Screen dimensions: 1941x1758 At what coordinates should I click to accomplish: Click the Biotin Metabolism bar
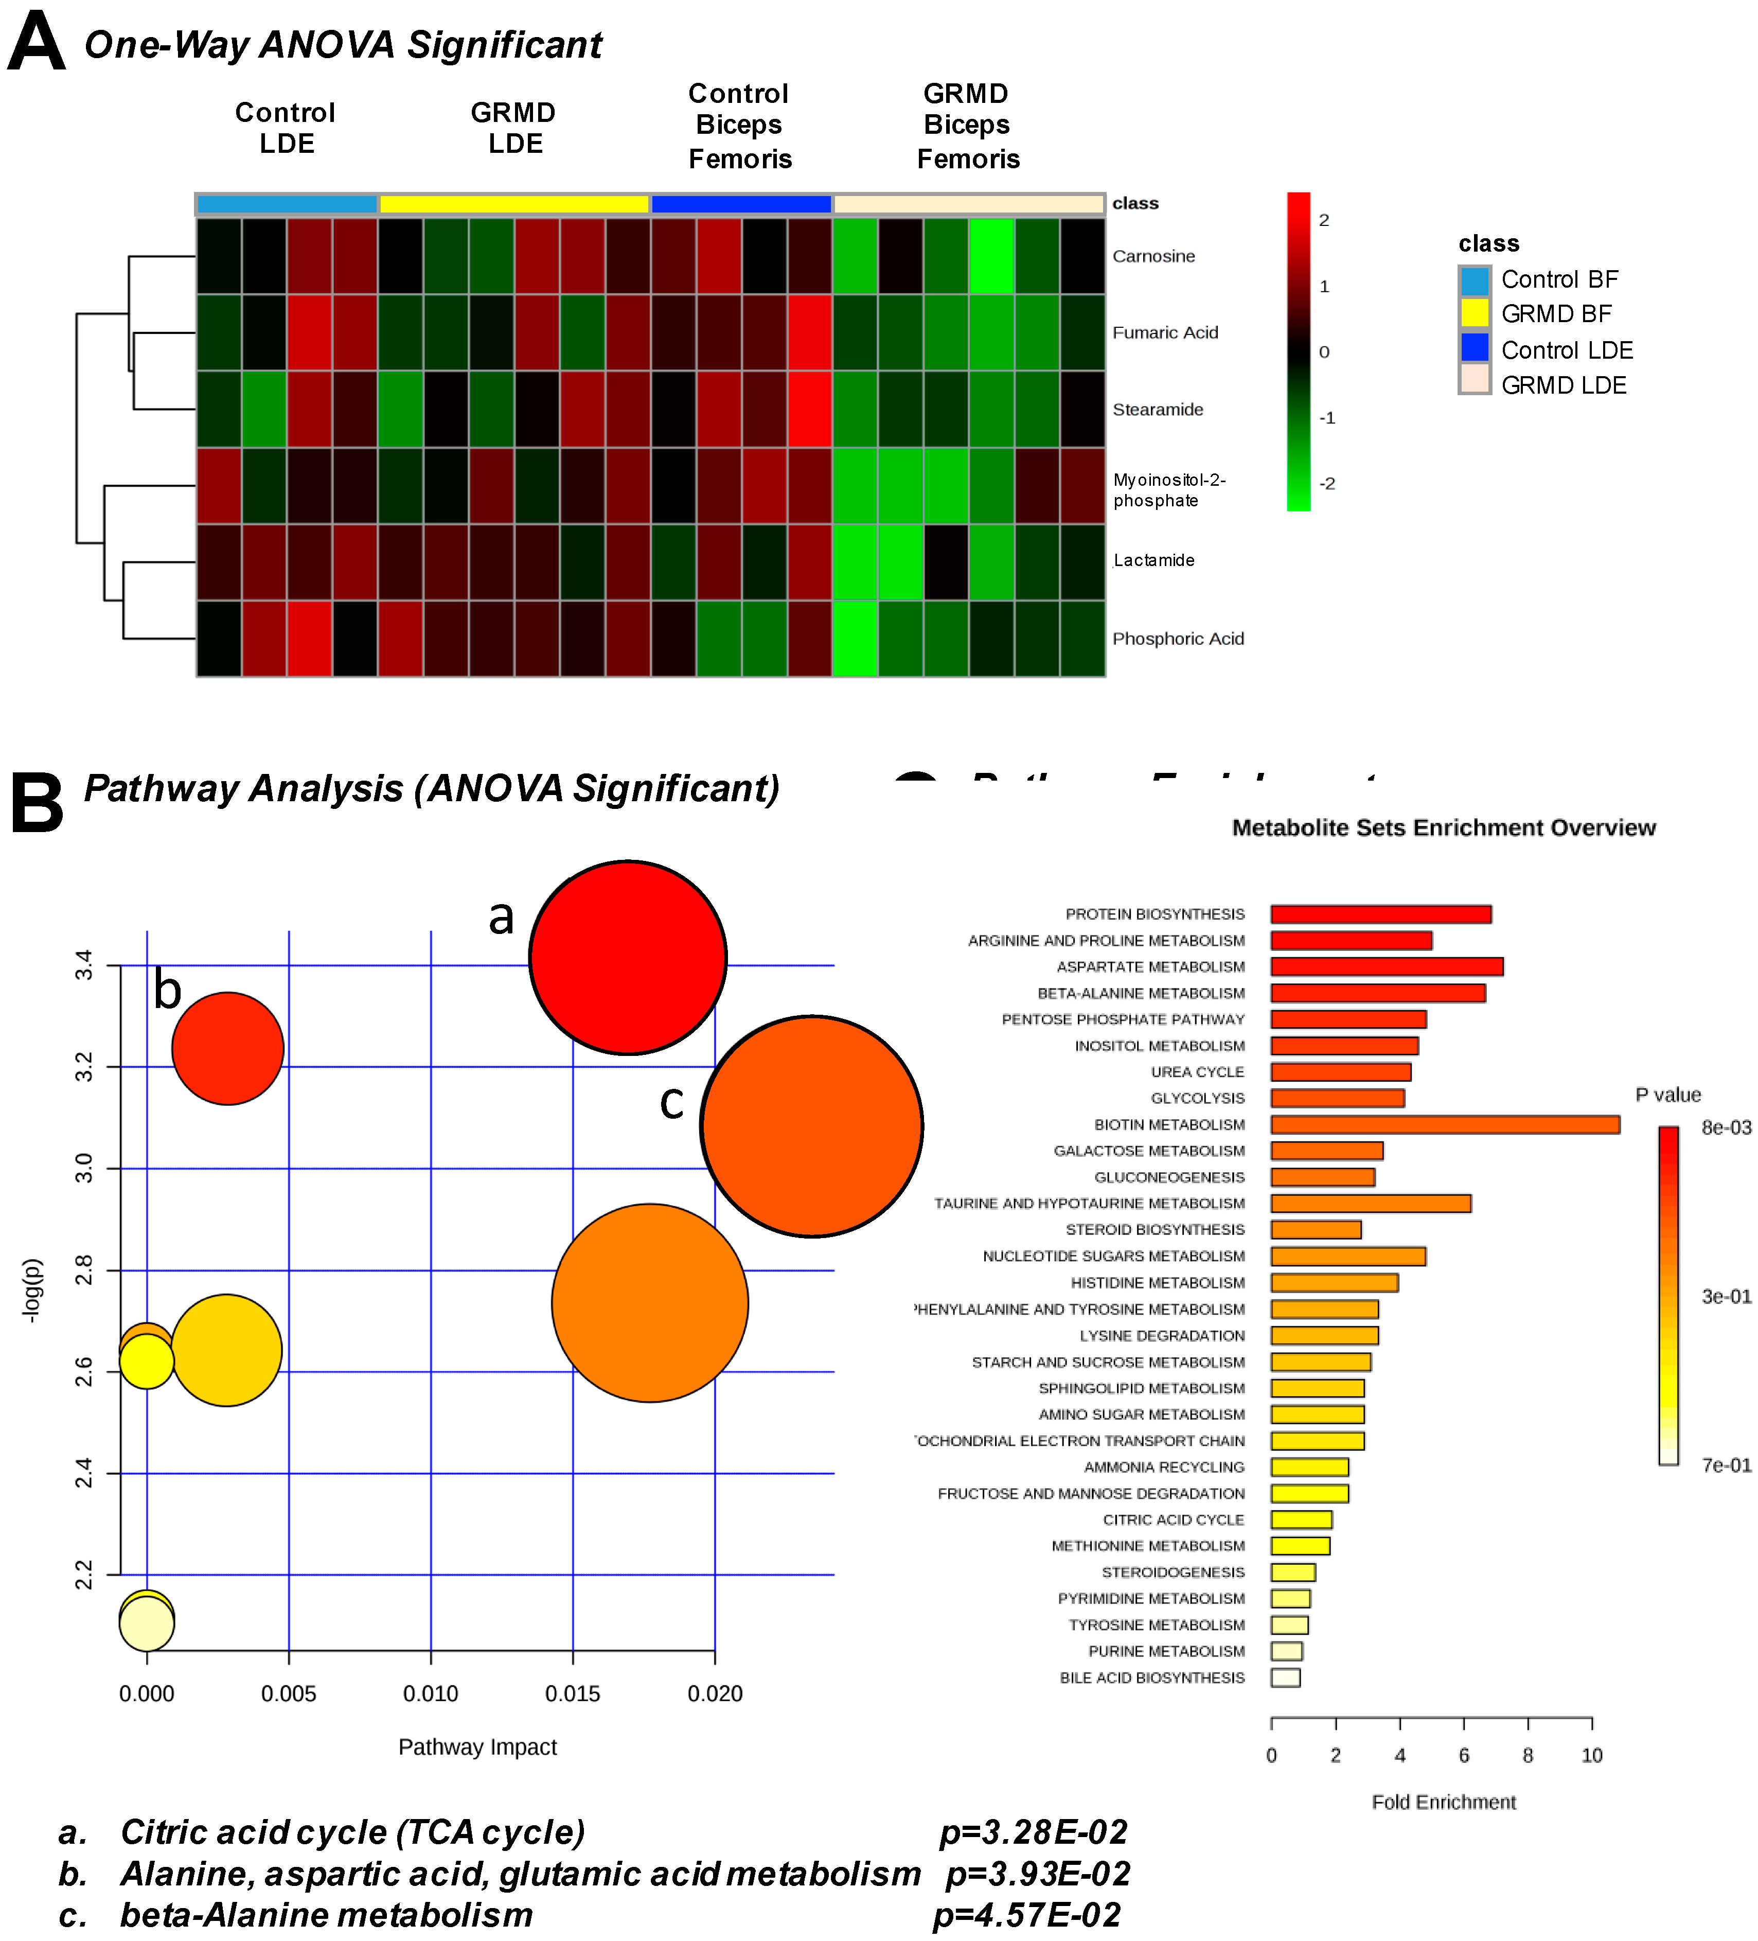(x=1444, y=1124)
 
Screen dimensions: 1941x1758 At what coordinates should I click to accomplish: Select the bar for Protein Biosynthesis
(x=1380, y=914)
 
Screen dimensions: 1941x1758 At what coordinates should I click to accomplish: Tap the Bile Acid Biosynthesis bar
(x=1285, y=1677)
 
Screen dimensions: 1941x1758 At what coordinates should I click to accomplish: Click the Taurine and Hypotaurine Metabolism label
(x=1089, y=1204)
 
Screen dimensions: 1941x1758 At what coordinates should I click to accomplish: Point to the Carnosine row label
(x=1153, y=256)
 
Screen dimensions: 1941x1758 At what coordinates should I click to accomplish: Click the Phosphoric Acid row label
(x=1178, y=638)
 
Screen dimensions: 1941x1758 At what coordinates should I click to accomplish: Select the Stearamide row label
(x=1157, y=409)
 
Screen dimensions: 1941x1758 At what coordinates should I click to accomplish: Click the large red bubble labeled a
(x=628, y=957)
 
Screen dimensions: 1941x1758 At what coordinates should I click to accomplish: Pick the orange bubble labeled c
(x=812, y=1125)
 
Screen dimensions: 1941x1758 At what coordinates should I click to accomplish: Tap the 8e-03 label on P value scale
(x=1725, y=1127)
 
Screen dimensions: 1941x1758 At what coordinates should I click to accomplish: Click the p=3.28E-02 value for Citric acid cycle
(x=1032, y=1831)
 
